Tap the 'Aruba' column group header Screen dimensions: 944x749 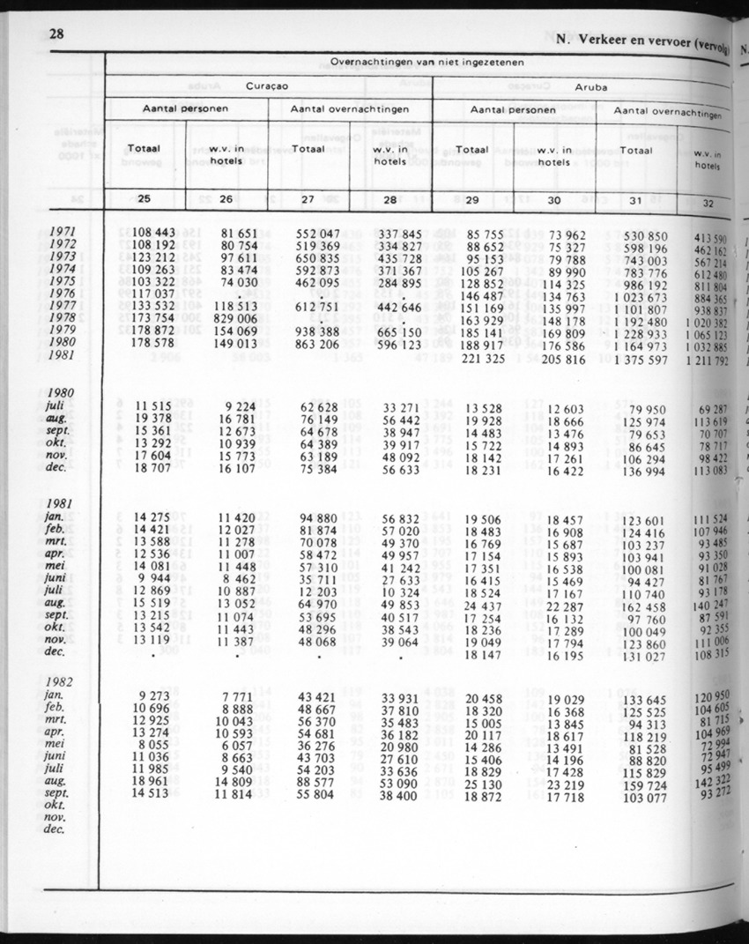pos(590,89)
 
